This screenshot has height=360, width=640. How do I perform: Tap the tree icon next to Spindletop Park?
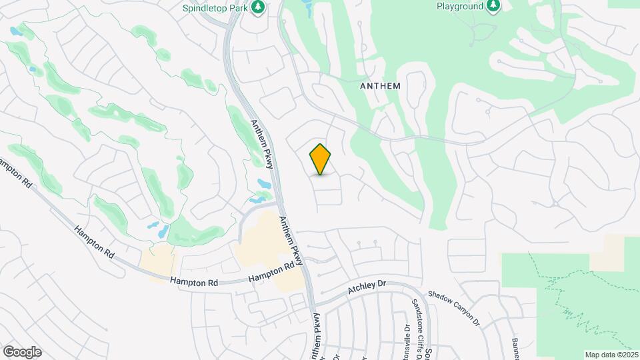[x=259, y=7]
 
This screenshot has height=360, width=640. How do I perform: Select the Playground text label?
[x=459, y=6]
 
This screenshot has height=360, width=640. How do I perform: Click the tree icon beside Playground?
[x=493, y=6]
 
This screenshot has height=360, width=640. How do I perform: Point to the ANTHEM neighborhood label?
[x=380, y=86]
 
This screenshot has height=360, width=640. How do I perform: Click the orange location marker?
[x=321, y=159]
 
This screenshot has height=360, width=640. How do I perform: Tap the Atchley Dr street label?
[x=367, y=288]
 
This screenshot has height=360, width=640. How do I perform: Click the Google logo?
[x=21, y=352]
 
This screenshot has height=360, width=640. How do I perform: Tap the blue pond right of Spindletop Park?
[x=307, y=7]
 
